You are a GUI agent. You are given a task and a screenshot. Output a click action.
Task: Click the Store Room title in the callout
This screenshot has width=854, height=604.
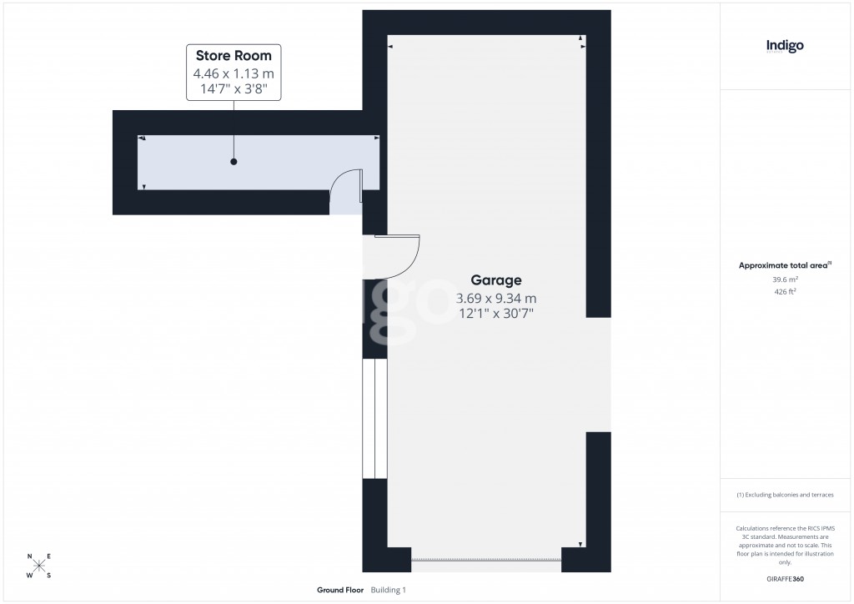coord(234,56)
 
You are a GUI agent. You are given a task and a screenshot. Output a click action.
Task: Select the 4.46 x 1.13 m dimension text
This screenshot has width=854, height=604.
coord(234,73)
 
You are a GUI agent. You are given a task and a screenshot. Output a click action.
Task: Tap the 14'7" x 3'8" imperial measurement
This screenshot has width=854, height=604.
coord(234,89)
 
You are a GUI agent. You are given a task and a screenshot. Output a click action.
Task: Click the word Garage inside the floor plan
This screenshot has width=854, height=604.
coord(496,280)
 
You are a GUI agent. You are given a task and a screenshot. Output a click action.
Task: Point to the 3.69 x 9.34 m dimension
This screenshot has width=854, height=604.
coord(496,298)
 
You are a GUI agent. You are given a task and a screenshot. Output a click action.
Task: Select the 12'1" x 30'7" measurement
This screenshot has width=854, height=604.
coord(496,315)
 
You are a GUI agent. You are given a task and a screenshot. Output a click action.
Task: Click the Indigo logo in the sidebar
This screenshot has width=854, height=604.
coord(785,46)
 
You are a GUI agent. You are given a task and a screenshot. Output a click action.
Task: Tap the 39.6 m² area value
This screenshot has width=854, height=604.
coord(785,279)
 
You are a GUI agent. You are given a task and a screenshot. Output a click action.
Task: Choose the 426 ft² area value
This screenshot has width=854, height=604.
coord(785,292)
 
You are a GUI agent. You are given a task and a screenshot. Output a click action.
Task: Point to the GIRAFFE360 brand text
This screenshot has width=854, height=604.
coord(785,579)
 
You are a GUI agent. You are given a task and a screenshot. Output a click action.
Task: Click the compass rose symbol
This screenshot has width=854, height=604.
coord(39,566)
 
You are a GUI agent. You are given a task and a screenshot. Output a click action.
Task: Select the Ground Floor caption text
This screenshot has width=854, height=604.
coord(340,591)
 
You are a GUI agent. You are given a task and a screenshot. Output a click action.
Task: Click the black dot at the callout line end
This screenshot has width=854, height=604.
coord(234,161)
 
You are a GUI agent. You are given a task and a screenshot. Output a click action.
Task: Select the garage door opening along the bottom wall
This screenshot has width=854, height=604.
coord(487,560)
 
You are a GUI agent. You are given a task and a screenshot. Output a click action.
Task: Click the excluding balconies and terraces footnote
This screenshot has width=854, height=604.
coord(785,495)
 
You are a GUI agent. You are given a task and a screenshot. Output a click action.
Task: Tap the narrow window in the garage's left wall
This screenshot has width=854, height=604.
coord(375,419)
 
